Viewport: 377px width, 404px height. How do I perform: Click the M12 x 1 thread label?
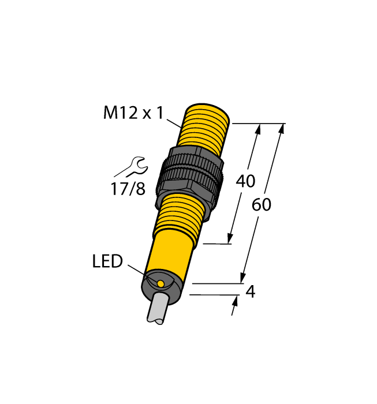tap(134, 113)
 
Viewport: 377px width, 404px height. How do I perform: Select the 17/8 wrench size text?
tap(128, 189)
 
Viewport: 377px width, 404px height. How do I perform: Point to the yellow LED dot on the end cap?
tap(160, 284)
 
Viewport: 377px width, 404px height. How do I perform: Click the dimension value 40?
tap(246, 181)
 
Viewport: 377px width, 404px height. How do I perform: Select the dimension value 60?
tap(262, 205)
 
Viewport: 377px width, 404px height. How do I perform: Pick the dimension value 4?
tap(250, 292)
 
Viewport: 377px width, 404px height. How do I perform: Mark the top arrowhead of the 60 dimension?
tap(281, 129)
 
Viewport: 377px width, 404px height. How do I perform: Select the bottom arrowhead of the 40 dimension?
tap(231, 237)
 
